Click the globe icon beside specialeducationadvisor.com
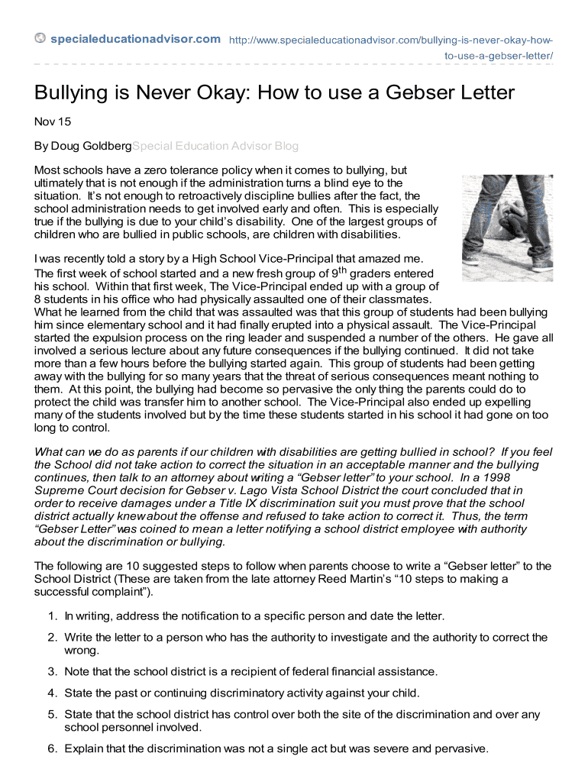click(40, 39)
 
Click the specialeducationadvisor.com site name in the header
click(135, 39)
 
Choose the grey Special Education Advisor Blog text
click(215, 146)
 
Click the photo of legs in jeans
click(507, 228)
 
